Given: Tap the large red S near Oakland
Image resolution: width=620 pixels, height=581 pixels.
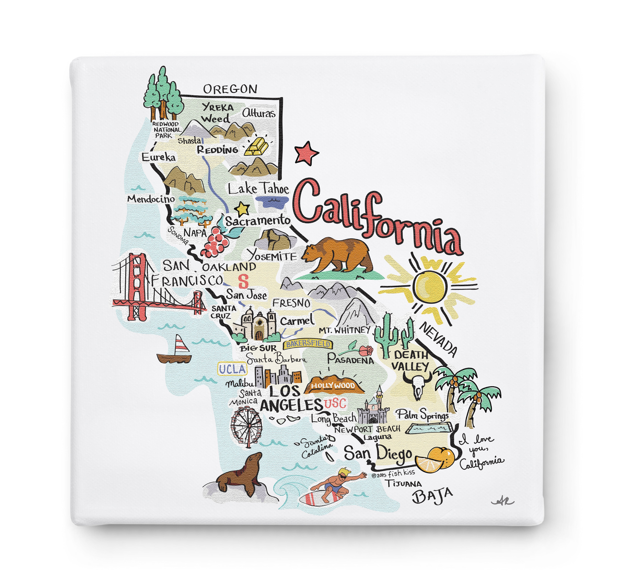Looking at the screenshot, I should point(243,281).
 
